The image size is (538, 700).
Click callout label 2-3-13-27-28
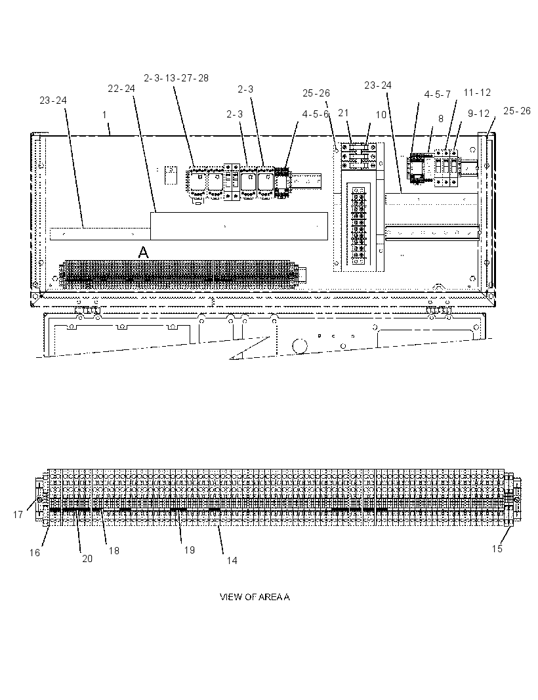176,78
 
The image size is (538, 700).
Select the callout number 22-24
121,89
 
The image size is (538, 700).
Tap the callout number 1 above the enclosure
104,115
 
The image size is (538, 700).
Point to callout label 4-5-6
316,114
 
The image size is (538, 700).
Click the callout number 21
343,113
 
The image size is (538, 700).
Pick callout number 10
381,115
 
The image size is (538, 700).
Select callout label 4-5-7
438,95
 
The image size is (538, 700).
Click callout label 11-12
477,93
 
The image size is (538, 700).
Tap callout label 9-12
479,114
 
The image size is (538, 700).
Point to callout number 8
441,119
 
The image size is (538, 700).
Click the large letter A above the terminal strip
143,253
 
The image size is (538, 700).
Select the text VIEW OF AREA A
255,597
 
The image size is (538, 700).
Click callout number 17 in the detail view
18,515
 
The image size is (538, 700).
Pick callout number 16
35,553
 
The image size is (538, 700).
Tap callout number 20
87,558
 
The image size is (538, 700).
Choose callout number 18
114,551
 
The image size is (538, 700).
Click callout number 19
190,550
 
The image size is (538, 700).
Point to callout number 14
232,560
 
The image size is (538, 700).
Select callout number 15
497,549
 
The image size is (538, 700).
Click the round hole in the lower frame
300,346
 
